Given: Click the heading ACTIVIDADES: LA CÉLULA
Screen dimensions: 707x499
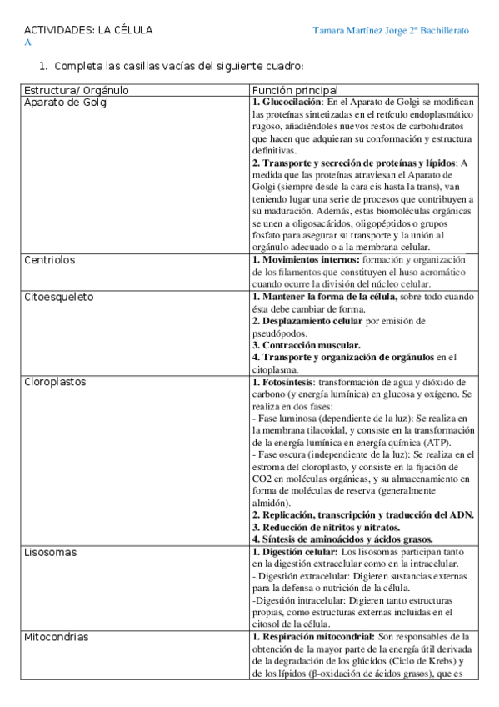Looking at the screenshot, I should click(87, 30).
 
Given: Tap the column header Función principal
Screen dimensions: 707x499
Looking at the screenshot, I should click(294, 90).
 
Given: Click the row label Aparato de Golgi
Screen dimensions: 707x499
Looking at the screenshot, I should click(66, 103).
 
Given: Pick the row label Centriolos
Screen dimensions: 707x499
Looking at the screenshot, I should click(49, 260).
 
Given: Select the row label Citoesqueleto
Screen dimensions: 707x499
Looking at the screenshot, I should click(58, 297).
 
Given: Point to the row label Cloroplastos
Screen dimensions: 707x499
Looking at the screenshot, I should click(55, 383).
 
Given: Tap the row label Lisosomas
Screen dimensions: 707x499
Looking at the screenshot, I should click(50, 552).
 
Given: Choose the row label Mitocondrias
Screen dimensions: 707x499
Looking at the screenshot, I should click(57, 637).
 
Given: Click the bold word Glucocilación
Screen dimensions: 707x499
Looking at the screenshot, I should click(294, 103).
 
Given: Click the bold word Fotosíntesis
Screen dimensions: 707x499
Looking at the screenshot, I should click(292, 383).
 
